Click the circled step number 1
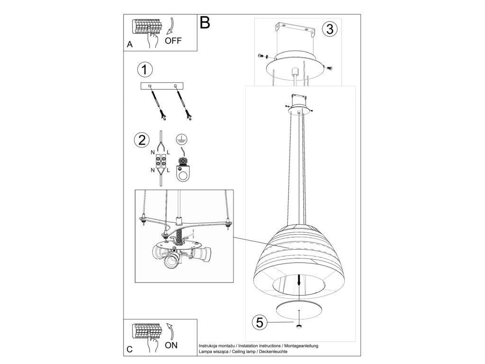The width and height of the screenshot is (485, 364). click(144, 69)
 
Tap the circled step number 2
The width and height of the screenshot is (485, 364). click(141, 140)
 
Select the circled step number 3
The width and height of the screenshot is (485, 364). click(330, 29)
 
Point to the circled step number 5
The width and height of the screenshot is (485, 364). click(259, 322)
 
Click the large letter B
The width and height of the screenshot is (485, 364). click(205, 22)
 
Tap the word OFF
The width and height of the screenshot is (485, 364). click(173, 41)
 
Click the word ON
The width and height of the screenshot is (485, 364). click(171, 345)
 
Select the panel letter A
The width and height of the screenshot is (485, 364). click(130, 45)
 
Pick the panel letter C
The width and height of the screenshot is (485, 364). click(130, 349)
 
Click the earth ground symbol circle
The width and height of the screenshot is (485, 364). click(182, 139)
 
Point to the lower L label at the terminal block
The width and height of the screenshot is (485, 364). click(168, 170)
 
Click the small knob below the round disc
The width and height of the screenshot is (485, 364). click(299, 326)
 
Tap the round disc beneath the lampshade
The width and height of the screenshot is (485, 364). click(299, 309)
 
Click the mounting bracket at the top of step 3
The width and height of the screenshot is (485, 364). click(296, 29)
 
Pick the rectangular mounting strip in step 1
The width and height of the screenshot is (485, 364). click(162, 86)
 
